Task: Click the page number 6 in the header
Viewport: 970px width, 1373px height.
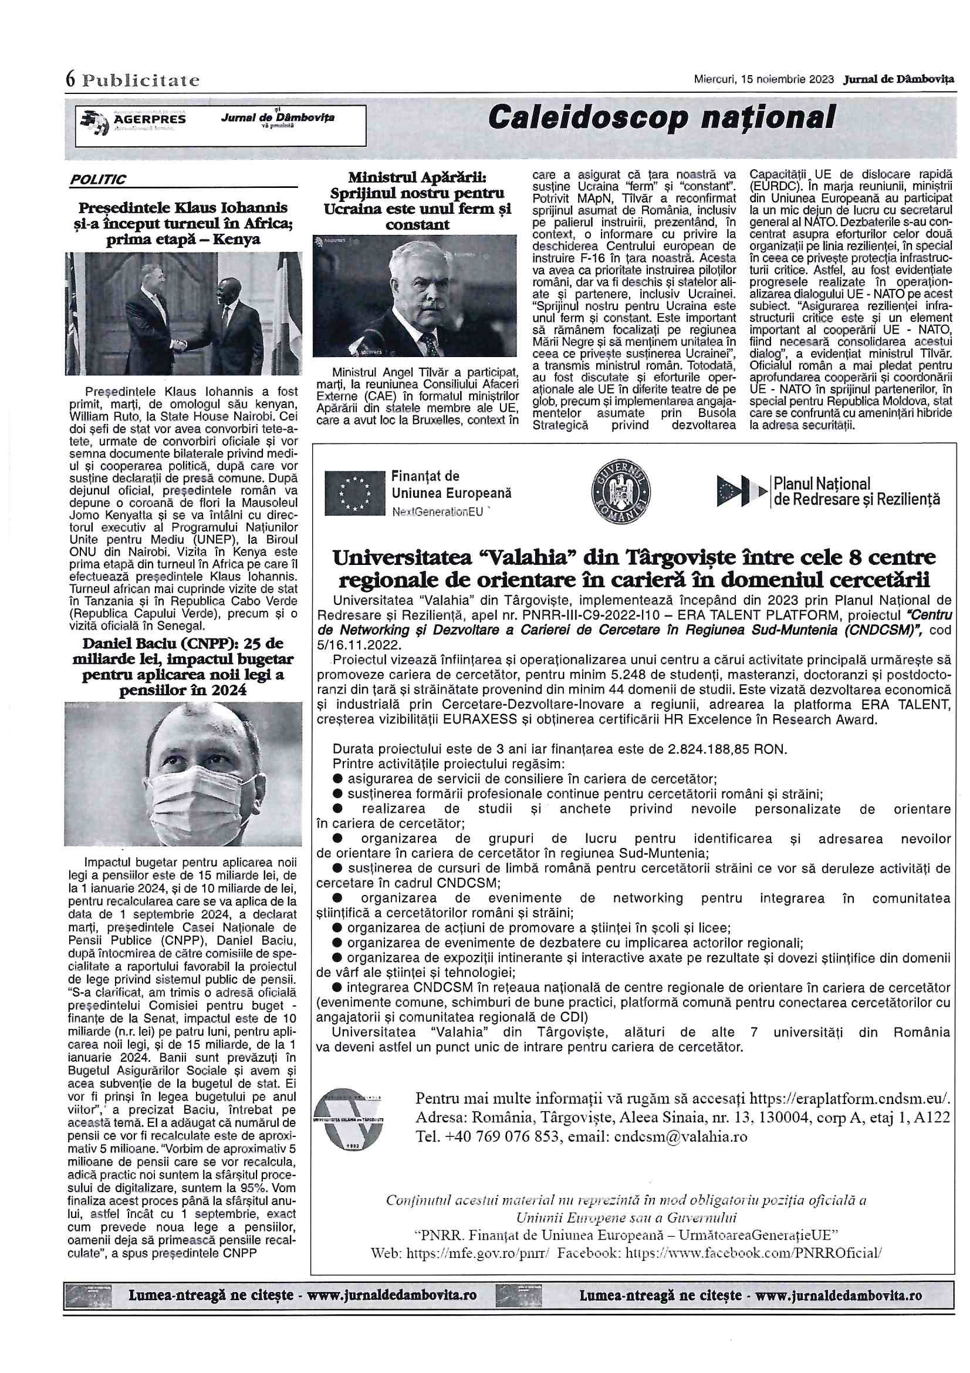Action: [71, 79]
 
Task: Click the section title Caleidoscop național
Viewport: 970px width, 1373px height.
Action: [660, 117]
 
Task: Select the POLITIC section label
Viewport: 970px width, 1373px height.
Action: [97, 179]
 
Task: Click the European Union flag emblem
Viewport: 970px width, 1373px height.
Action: [354, 493]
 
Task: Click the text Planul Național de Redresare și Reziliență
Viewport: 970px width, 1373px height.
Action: [856, 492]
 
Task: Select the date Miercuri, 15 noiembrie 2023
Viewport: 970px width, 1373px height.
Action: [764, 79]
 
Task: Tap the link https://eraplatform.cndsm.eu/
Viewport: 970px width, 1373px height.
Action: [849, 1098]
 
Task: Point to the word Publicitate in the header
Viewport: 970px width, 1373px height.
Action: [141, 79]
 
